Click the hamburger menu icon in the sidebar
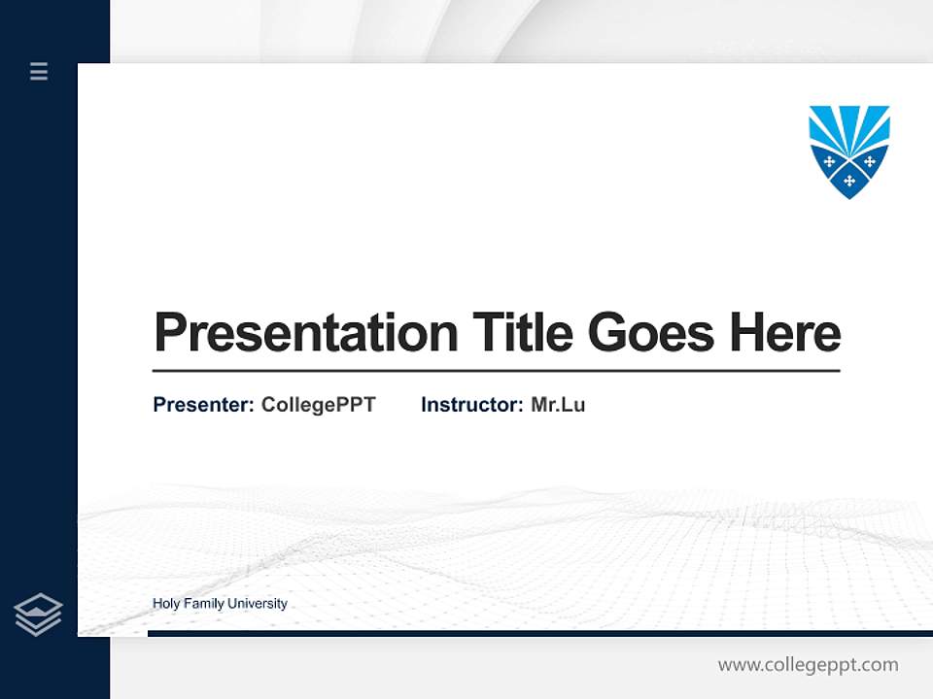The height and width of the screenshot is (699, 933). coord(39,71)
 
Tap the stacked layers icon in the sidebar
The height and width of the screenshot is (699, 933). coord(38,615)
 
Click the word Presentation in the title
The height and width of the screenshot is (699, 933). coord(305,333)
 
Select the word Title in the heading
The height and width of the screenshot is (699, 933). coord(523,333)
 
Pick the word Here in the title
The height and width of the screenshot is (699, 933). coord(785,333)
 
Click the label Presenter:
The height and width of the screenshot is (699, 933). coord(203,405)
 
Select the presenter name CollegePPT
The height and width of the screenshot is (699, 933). coord(318,405)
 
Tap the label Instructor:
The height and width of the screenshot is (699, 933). coord(471,405)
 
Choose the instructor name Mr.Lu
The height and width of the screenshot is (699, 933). coord(558,405)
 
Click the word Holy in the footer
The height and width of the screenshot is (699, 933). coord(166,604)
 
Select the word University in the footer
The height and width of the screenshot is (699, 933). coord(258,604)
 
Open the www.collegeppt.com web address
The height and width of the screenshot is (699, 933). coord(808,665)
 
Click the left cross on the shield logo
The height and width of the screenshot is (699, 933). coord(829,161)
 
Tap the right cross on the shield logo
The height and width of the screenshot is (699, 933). coord(870,161)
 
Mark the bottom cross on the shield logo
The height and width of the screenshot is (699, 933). coord(849,181)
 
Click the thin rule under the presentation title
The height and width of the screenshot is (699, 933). coord(496,371)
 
